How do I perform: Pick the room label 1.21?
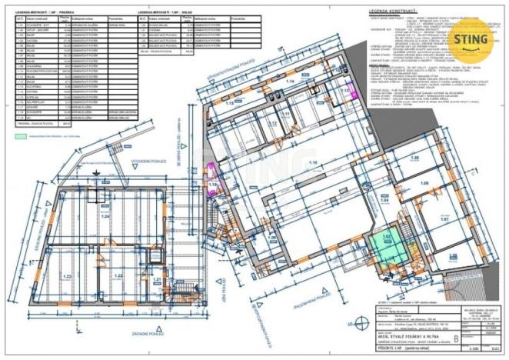pos(155,279)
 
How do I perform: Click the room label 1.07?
pos(444,219)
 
